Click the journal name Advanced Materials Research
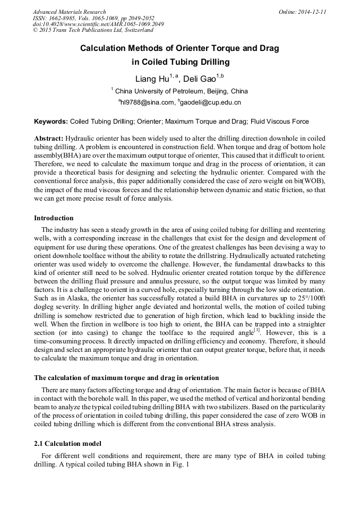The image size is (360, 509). coord(69,12)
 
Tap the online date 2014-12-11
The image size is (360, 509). coord(311,12)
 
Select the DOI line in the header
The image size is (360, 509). coord(98,24)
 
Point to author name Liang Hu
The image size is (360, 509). coord(152,80)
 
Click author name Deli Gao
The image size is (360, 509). coord(201,80)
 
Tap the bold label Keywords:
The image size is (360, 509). coord(51,122)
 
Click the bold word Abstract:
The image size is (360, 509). coord(49,137)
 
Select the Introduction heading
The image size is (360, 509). coord(54,218)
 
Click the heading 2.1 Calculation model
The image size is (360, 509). coord(67,443)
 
